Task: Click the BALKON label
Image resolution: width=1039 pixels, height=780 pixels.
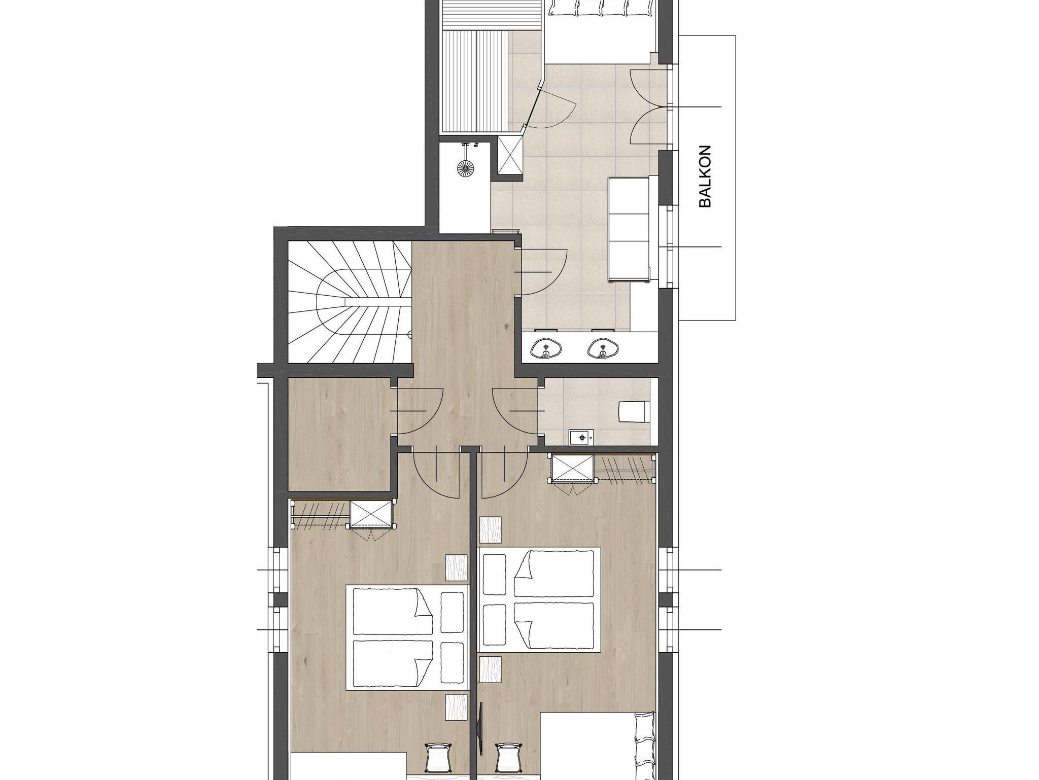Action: coord(705,176)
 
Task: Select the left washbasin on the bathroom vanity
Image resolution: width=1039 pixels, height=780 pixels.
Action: coord(545,347)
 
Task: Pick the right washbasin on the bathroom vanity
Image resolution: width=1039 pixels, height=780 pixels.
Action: coord(603,347)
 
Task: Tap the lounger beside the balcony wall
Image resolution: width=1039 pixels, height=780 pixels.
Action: coord(629,229)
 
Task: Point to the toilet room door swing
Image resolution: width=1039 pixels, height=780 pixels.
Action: coord(515,411)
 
